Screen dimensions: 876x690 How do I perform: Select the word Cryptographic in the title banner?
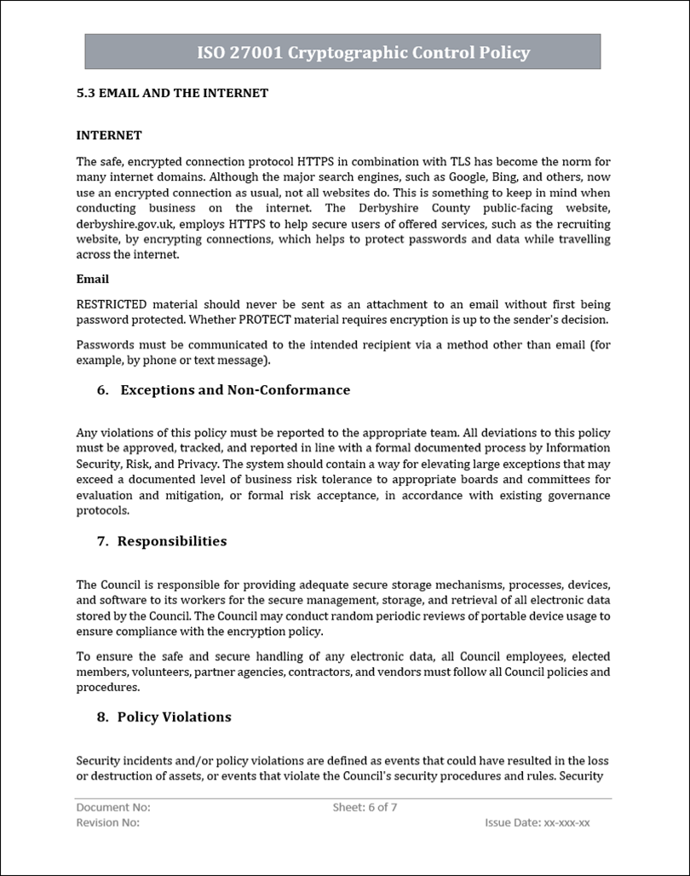coord(341,53)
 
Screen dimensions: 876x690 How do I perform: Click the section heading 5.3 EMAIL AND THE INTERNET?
coord(172,93)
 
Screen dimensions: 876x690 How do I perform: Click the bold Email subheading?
coord(92,279)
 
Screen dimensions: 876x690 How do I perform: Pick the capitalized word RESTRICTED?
coord(112,304)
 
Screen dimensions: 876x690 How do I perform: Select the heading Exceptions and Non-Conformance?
coord(235,390)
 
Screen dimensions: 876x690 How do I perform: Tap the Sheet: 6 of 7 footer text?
coord(365,807)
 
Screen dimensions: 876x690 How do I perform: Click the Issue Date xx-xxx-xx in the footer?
coord(537,823)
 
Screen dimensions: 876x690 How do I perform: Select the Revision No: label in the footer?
coord(108,823)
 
